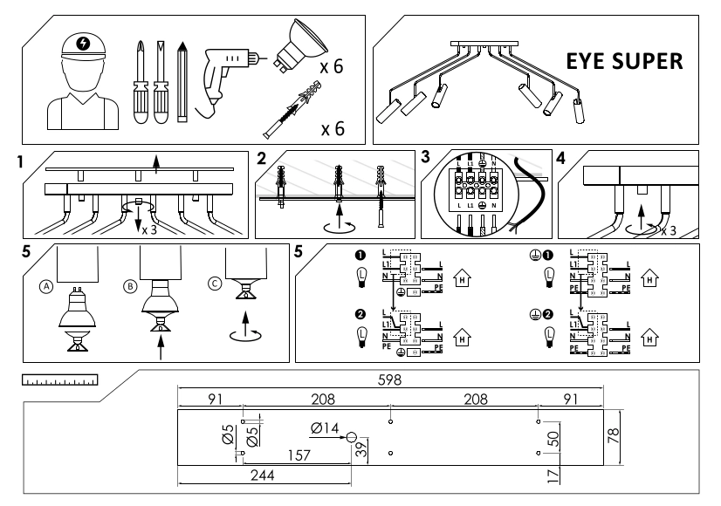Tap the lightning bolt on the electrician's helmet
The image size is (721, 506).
[x=82, y=44]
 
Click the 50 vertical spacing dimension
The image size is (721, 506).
[x=553, y=438]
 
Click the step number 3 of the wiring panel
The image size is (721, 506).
[x=426, y=157]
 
